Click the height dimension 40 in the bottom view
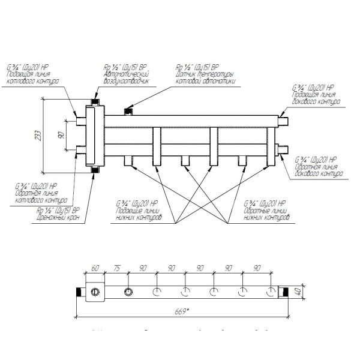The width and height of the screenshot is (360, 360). click(295, 293)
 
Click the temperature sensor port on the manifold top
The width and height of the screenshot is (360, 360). click(127, 110)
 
